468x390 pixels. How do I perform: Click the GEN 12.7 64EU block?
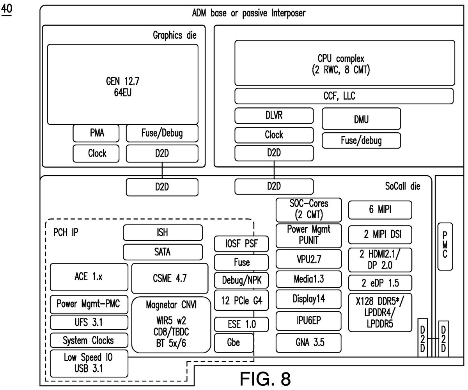pos(122,84)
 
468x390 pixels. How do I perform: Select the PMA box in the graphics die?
pos(97,134)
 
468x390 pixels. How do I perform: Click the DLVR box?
pos(274,116)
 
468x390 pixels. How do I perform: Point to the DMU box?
pos(361,119)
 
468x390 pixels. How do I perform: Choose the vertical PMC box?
pos(445,246)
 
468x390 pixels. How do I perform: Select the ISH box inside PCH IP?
pos(163,233)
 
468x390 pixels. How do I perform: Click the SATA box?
pos(163,252)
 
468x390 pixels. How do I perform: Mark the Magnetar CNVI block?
pos(171,325)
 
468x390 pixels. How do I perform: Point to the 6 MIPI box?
pos(380,210)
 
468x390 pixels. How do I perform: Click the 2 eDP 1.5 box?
pos(380,282)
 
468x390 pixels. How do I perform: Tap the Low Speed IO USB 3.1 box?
pos(89,363)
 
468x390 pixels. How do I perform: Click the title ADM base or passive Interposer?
pos(249,13)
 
